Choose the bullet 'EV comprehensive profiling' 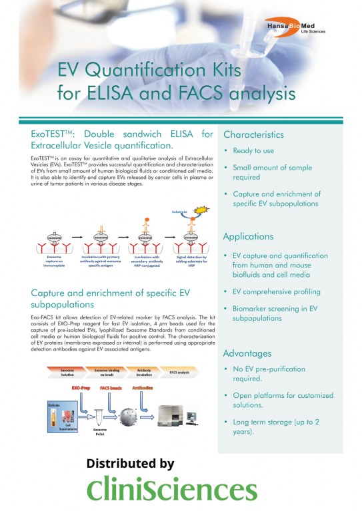pos(277,291)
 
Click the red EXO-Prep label pos(80,385)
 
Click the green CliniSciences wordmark pos(173,490)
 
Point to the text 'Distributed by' pos(131,463)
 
